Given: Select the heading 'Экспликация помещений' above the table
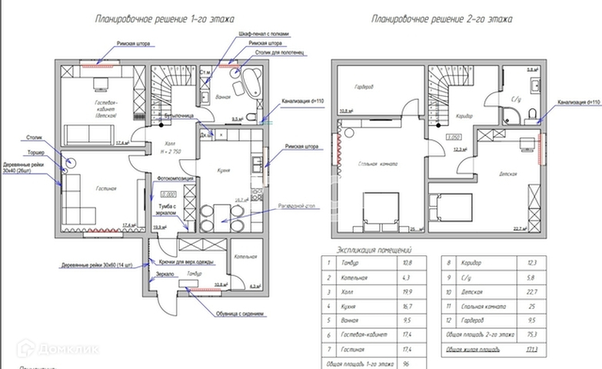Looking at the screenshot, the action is tap(376, 250).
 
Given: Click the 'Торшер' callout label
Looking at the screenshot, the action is tap(34, 152).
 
